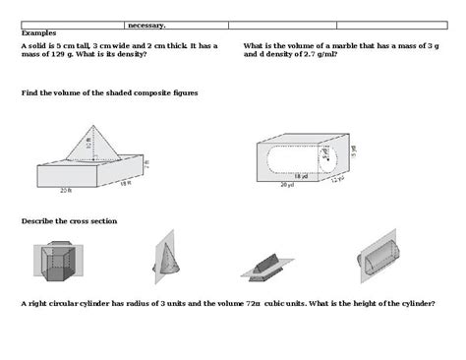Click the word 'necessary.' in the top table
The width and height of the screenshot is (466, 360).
point(146,26)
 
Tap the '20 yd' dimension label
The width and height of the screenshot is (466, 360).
point(286,184)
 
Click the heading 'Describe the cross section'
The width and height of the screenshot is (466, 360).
point(69,220)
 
